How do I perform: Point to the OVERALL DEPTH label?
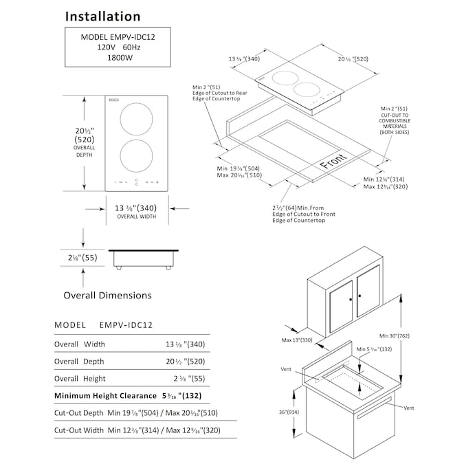click(85, 151)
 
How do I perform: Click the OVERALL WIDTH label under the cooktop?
click(136, 217)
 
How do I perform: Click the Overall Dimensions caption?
click(107, 296)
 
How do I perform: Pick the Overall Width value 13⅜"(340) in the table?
click(185, 344)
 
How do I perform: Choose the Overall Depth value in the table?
click(185, 362)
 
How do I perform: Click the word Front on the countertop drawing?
click(334, 164)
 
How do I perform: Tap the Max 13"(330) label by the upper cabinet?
click(296, 340)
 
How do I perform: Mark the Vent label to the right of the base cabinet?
click(409, 408)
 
